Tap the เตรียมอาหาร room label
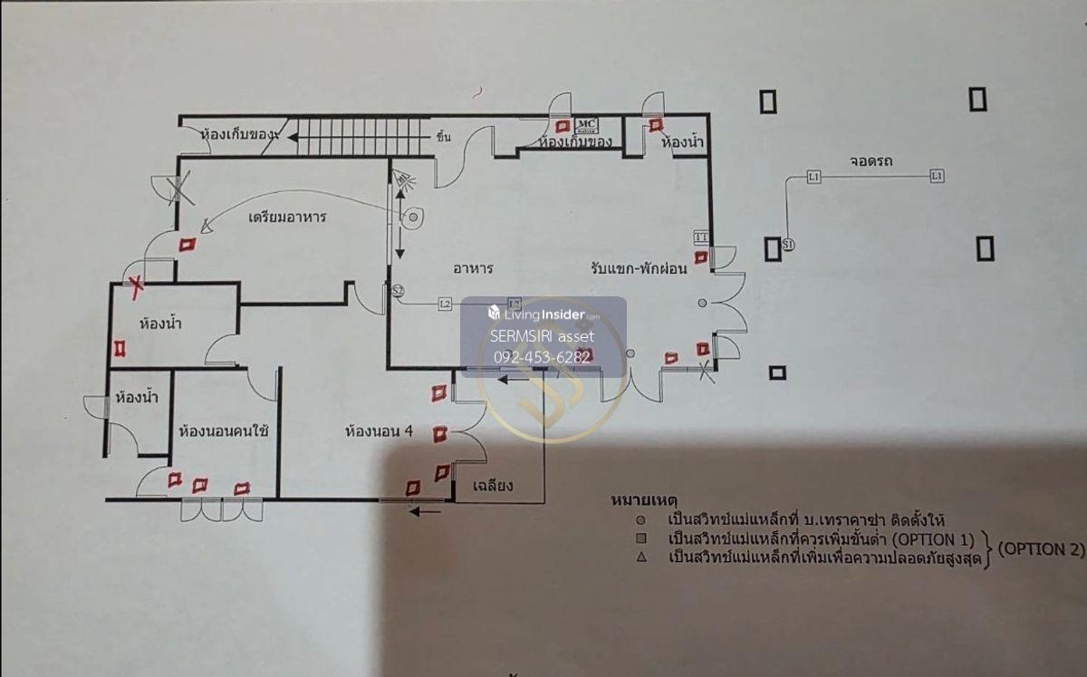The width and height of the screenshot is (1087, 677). tap(287, 218)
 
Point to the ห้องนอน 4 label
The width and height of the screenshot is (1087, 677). tap(379, 431)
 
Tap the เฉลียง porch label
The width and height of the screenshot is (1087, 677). tap(493, 486)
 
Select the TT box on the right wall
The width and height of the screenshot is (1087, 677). tap(700, 237)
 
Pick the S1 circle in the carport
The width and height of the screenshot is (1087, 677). tap(787, 246)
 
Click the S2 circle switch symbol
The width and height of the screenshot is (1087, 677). tap(397, 290)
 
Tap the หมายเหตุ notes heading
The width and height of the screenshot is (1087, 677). tap(646, 500)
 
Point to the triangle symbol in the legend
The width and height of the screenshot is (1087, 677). tap(640, 557)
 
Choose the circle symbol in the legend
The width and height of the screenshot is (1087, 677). tap(640, 520)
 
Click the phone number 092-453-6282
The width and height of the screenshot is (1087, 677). tap(543, 357)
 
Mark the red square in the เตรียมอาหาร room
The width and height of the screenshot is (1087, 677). tap(188, 244)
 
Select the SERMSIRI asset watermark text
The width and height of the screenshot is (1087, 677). tap(542, 336)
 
